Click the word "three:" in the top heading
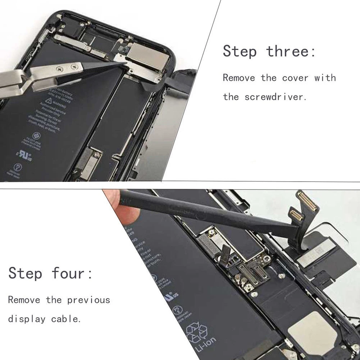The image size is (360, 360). [291, 51]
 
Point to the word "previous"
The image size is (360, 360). [88, 300]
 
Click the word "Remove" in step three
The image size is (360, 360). [239, 78]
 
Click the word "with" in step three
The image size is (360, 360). [325, 78]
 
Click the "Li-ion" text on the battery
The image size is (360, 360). [206, 344]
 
